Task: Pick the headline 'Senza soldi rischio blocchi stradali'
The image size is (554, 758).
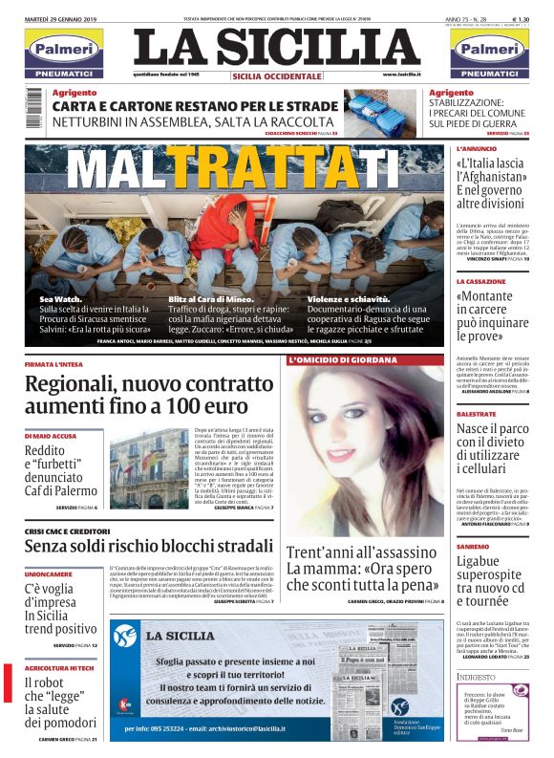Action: click(x=148, y=546)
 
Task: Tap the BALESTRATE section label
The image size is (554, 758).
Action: click(x=476, y=413)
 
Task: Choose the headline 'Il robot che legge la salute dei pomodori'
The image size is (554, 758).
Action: click(x=59, y=702)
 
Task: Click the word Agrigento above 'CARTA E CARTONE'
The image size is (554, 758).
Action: click(x=74, y=92)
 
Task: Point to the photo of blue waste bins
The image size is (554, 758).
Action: click(x=384, y=113)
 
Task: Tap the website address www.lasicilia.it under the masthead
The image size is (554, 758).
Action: click(x=402, y=75)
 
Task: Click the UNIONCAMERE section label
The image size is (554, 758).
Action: click(x=48, y=575)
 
